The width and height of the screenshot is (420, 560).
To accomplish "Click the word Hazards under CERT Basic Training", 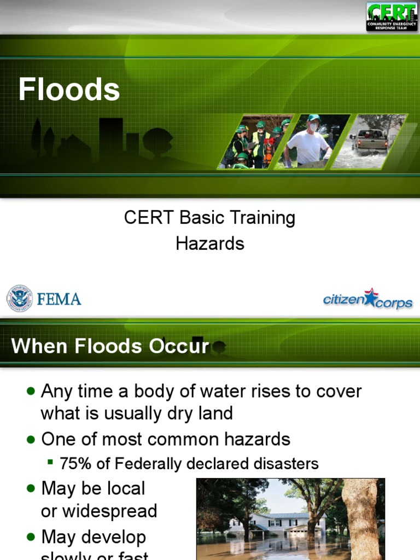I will [x=210, y=243].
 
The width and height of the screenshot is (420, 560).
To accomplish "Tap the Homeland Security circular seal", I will [x=19, y=299].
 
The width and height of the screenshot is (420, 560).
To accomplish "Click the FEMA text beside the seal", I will [x=59, y=299].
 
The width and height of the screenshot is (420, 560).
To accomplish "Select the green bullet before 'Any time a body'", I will [x=31, y=392].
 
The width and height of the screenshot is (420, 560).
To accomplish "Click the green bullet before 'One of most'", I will [x=31, y=439].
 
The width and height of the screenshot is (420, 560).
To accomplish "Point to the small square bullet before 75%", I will [x=50, y=463].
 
